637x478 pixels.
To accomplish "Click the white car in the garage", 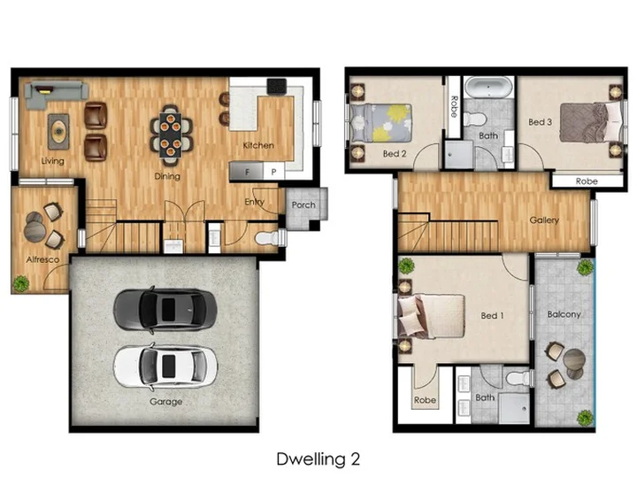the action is pyautogui.click(x=165, y=366).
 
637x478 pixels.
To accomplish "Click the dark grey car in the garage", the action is pyautogui.click(x=165, y=310).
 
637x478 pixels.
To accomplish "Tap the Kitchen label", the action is pyautogui.click(x=258, y=145).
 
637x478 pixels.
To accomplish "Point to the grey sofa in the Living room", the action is pyautogui.click(x=56, y=95).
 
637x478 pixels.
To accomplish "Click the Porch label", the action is pyautogui.click(x=303, y=204).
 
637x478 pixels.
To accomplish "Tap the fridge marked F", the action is pyautogui.click(x=246, y=171).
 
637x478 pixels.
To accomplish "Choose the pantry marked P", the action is pyautogui.click(x=273, y=172).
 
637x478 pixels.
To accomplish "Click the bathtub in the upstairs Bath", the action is pyautogui.click(x=488, y=88).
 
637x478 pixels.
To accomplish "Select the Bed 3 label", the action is pyautogui.click(x=540, y=122).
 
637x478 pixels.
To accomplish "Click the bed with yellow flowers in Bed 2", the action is pyautogui.click(x=380, y=123).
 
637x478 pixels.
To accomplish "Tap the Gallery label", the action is pyautogui.click(x=544, y=220).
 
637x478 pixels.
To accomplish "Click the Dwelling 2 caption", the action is pyautogui.click(x=318, y=459).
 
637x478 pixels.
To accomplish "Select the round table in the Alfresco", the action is pyautogui.click(x=35, y=232).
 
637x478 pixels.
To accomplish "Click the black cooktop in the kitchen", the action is pyautogui.click(x=277, y=87).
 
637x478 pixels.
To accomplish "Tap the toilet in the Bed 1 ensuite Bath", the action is pyautogui.click(x=518, y=378).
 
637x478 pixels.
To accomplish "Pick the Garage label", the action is pyautogui.click(x=165, y=402).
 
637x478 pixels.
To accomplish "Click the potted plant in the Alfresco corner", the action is pyautogui.click(x=20, y=283).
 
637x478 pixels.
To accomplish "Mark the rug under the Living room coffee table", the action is pyautogui.click(x=59, y=131).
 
